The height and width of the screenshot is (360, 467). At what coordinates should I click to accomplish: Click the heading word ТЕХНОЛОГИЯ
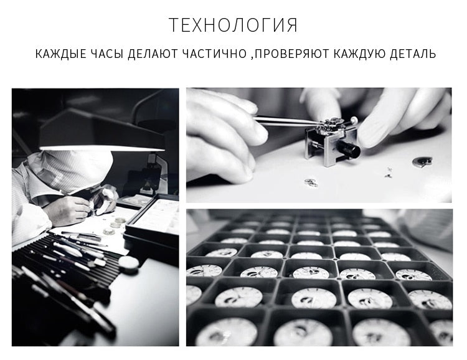pyautogui.click(x=233, y=25)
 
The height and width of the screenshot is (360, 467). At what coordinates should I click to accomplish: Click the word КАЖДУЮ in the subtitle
pyautogui.click(x=359, y=54)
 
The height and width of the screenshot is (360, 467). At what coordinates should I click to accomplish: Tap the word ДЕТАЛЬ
pyautogui.click(x=413, y=54)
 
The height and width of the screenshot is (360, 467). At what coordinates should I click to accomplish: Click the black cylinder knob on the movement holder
pyautogui.click(x=349, y=149)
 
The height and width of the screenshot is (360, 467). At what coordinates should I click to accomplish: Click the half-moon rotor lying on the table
pyautogui.click(x=422, y=162)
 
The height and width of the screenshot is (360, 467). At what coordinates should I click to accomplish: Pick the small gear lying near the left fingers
pyautogui.click(x=311, y=182)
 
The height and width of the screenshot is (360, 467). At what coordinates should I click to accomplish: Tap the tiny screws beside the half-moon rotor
pyautogui.click(x=388, y=173)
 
